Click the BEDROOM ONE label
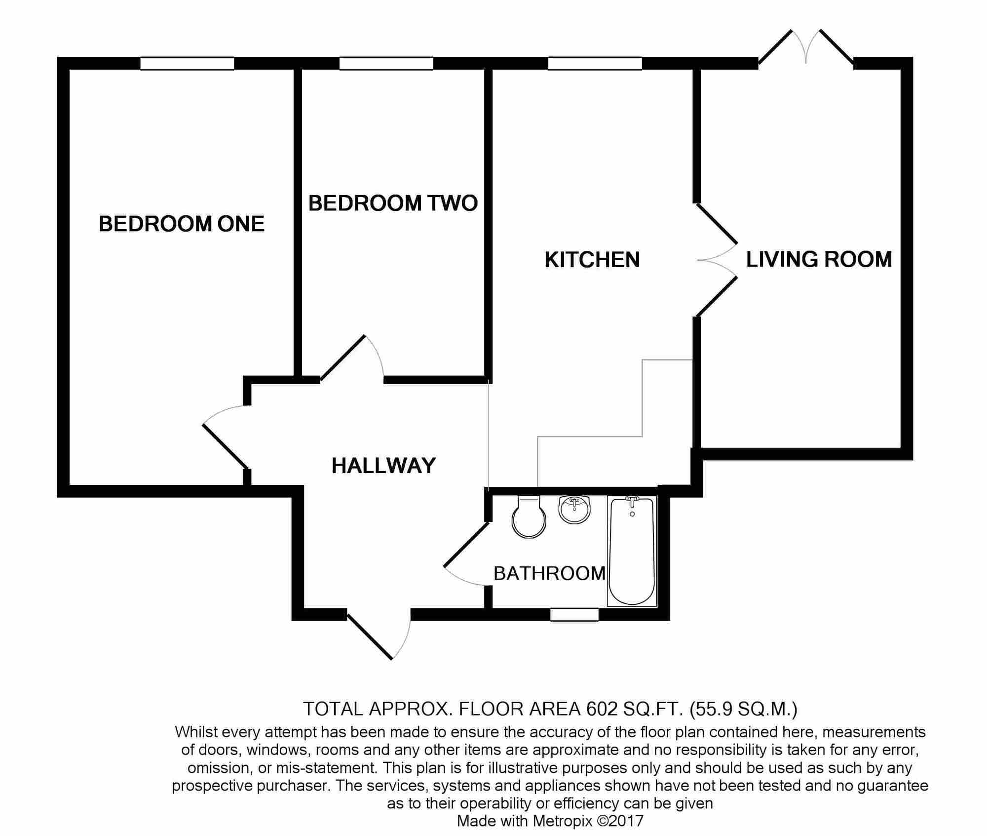click(182, 224)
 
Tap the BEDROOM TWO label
click(393, 203)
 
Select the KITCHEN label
click(592, 260)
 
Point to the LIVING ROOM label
click(819, 259)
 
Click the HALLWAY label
click(383, 466)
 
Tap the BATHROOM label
click(549, 573)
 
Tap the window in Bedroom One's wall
click(187, 64)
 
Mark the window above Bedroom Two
click(386, 64)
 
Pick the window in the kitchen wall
click(595, 64)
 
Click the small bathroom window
click(574, 614)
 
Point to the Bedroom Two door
click(351, 358)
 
